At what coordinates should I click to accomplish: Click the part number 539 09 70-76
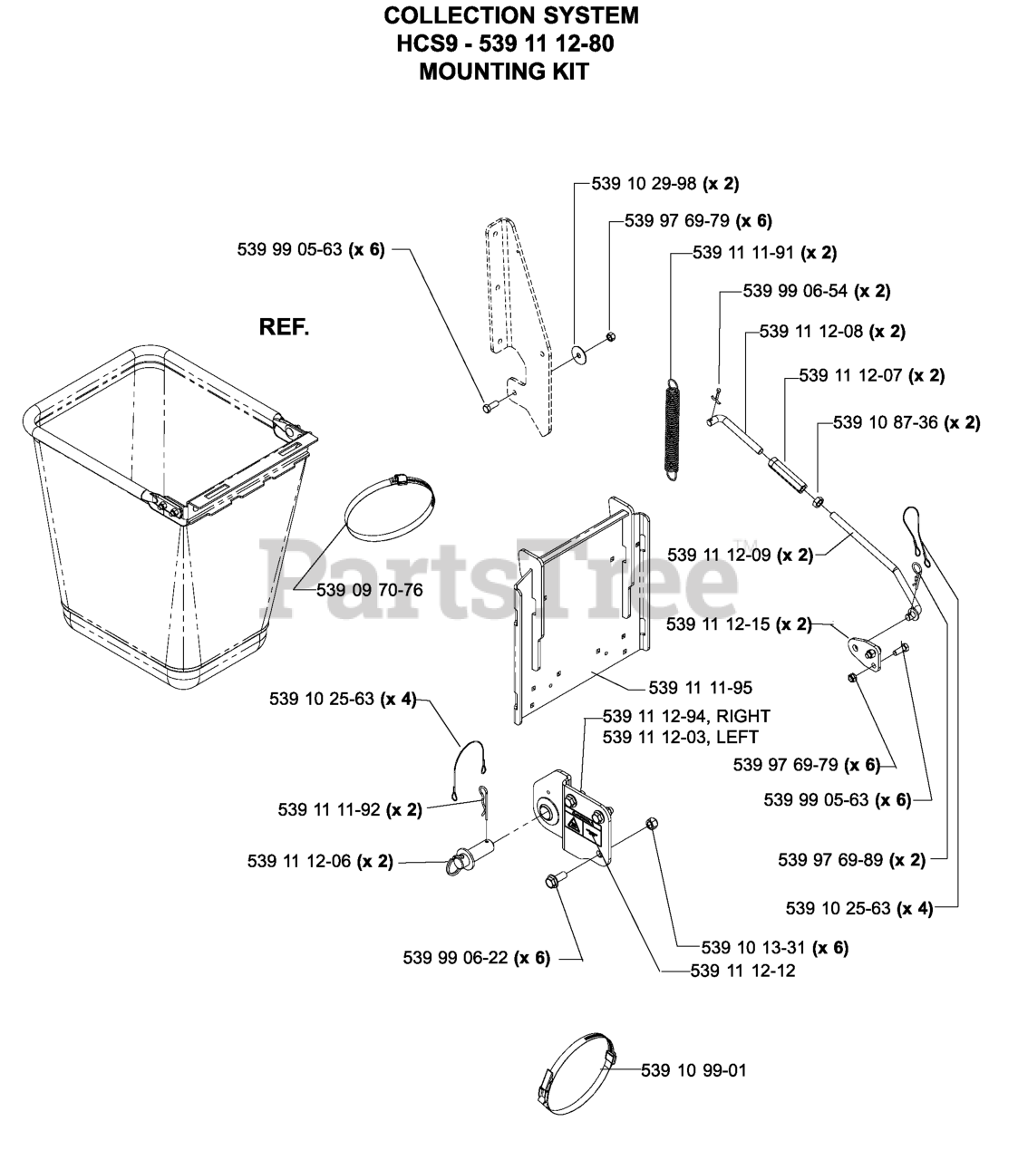(370, 590)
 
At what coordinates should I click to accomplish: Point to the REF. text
(284, 327)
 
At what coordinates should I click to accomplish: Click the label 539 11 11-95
(700, 688)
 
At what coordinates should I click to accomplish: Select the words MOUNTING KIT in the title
(504, 72)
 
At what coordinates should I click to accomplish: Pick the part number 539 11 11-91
(764, 253)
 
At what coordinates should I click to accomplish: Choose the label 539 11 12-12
(742, 971)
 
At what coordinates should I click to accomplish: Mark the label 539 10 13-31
(775, 948)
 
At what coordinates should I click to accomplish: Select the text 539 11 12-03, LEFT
(680, 738)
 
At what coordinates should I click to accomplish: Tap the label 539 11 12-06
(320, 861)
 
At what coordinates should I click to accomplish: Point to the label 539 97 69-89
(851, 859)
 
